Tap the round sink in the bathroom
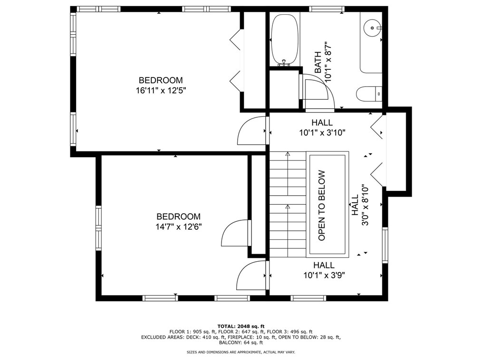[372, 28]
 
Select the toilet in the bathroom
[369, 94]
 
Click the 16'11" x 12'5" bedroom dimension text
[161, 91]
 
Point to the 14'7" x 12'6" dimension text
[179, 227]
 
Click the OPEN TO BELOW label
[321, 206]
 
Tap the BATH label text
[318, 62]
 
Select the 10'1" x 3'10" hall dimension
[322, 133]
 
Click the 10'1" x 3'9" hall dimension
[324, 275]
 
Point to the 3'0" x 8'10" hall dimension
[365, 205]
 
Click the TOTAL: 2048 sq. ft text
[241, 326]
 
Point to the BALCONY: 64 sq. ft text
[241, 342]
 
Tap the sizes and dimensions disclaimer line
[241, 352]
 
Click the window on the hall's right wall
[385, 245]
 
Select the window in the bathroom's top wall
[327, 9]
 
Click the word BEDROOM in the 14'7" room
[179, 217]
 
